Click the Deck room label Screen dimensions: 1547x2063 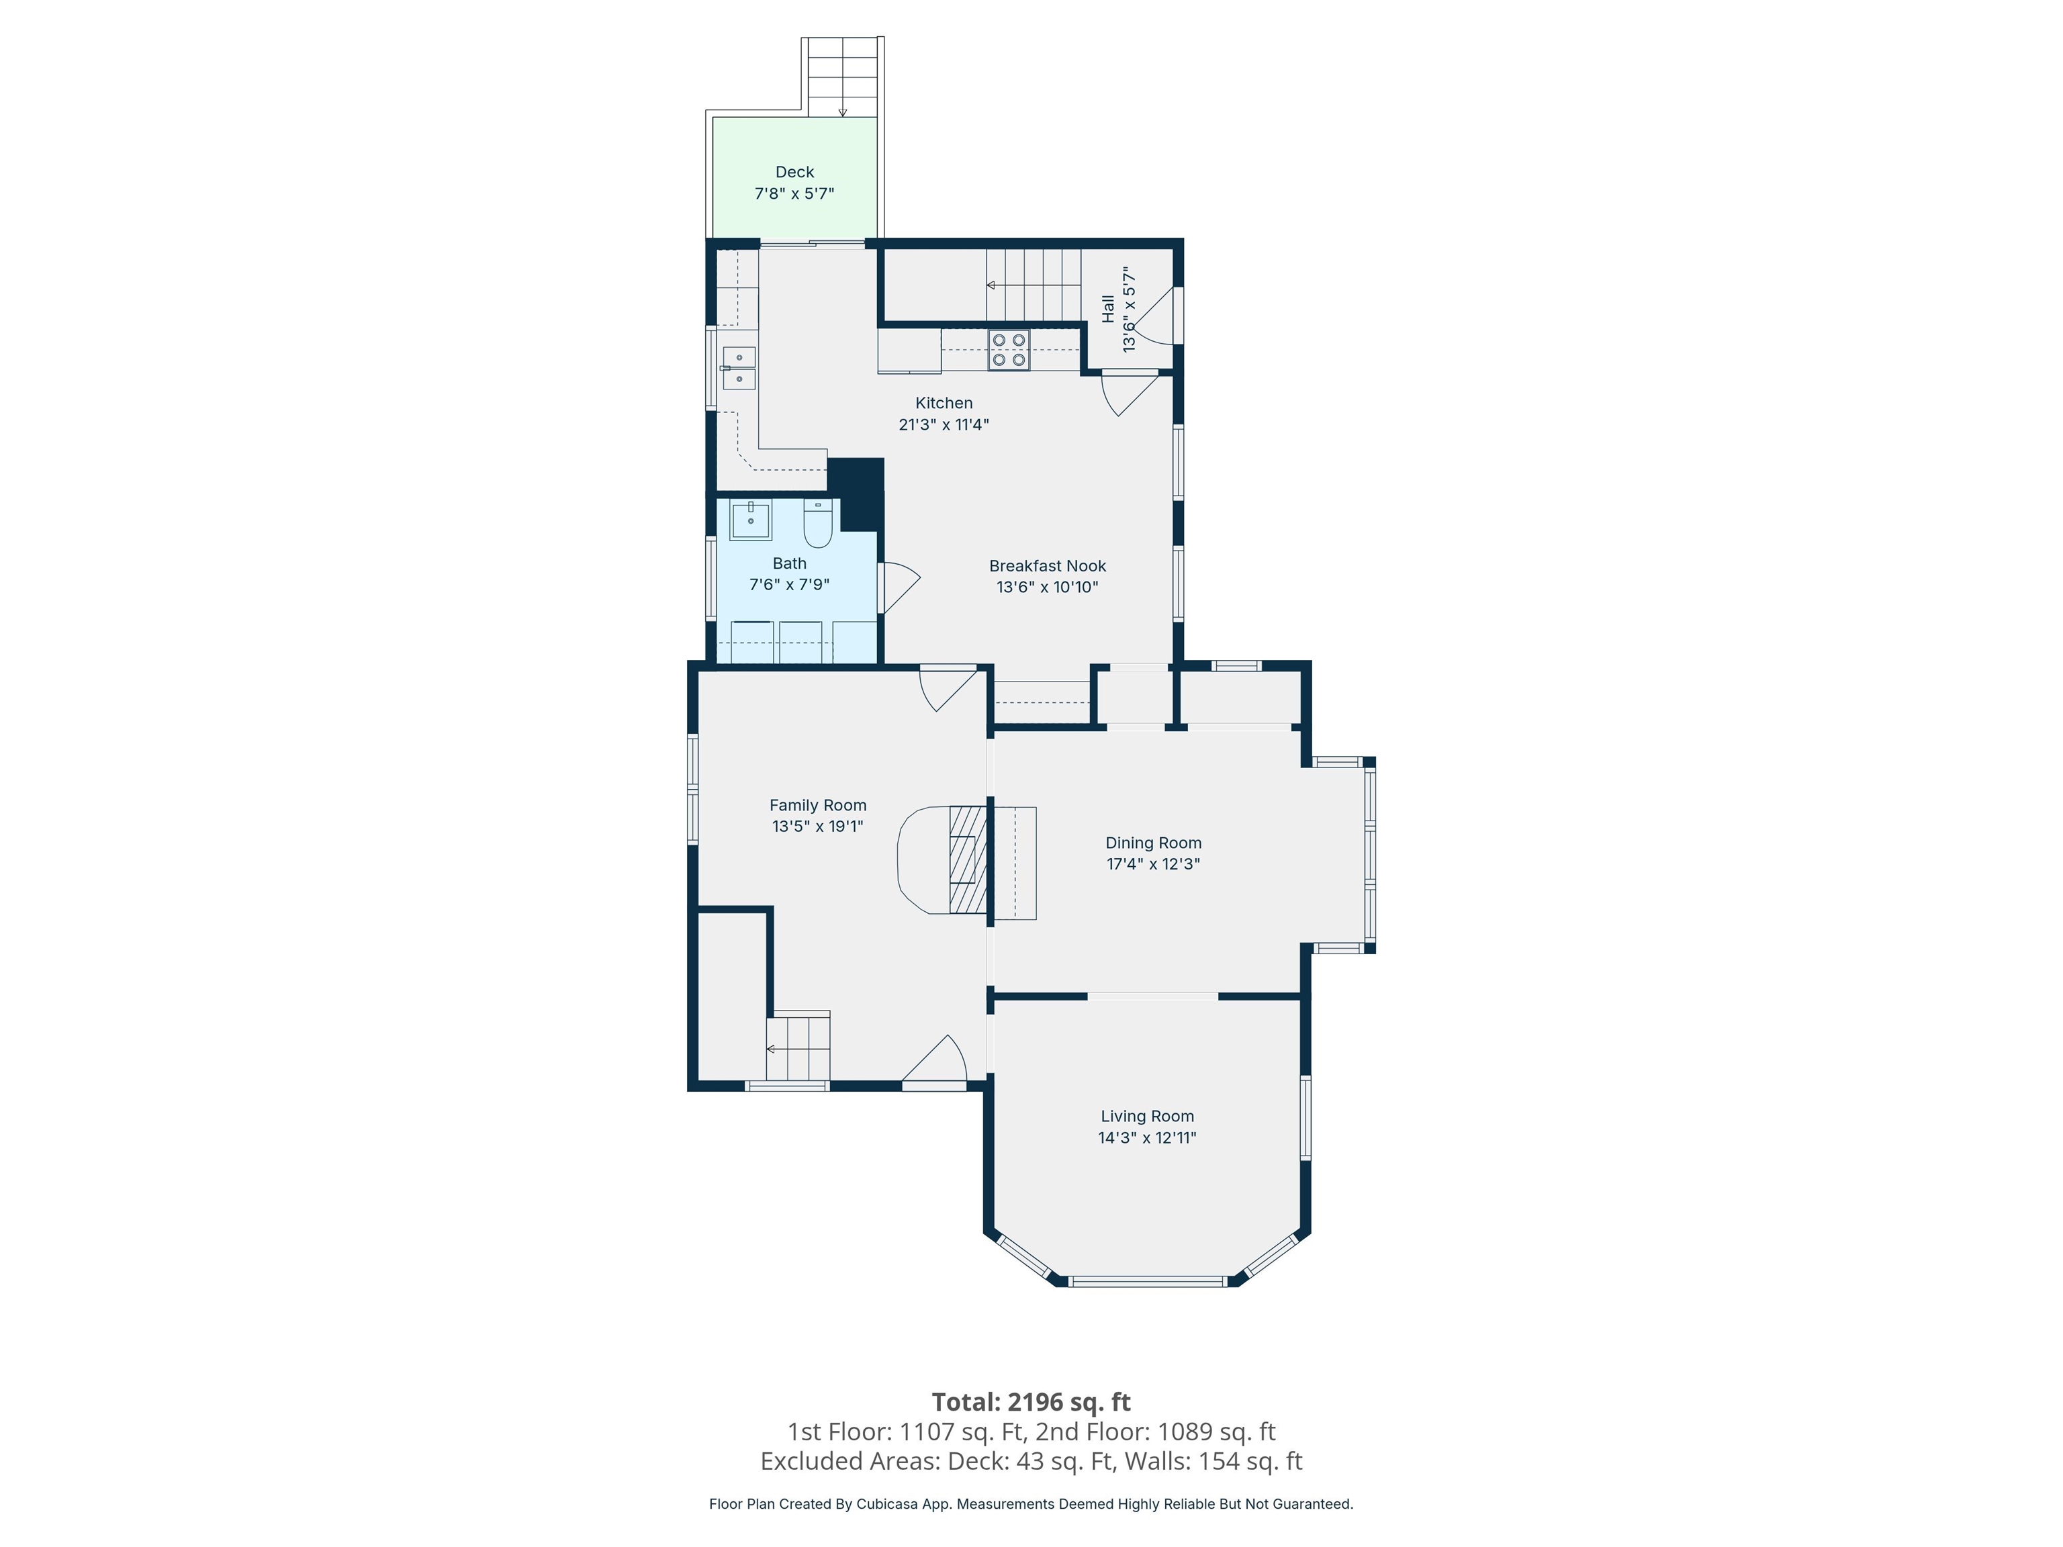click(x=794, y=173)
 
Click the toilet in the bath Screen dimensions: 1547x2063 click(x=817, y=526)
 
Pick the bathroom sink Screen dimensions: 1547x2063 click(x=750, y=520)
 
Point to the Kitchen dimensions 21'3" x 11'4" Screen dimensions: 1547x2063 click(x=943, y=425)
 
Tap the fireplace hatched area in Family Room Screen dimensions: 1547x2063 click(x=967, y=859)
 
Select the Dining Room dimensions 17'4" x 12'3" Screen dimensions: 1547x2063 click(x=1153, y=864)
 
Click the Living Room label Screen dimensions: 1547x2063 click(x=1146, y=1116)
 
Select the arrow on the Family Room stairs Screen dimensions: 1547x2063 click(x=770, y=1049)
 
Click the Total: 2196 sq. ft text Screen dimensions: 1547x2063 click(x=1031, y=1401)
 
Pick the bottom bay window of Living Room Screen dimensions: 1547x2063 click(x=1147, y=1281)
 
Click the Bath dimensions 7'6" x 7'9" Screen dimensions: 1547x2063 click(x=789, y=585)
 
